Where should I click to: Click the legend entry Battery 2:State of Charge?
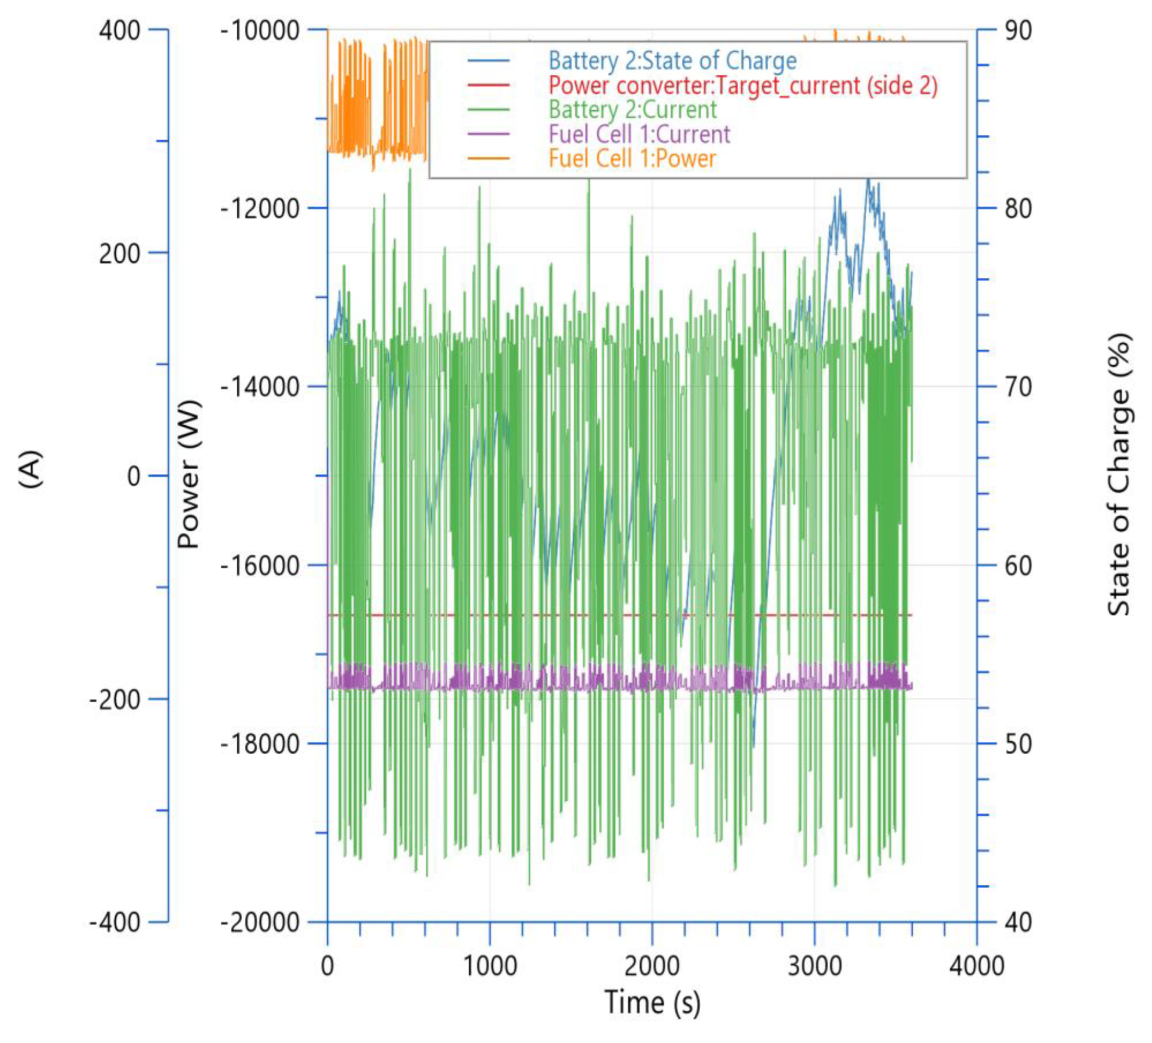(672, 60)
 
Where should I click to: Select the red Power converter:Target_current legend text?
(743, 86)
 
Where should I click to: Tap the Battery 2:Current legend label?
(632, 110)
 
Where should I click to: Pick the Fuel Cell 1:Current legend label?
(639, 134)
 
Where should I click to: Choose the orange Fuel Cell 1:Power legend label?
(632, 159)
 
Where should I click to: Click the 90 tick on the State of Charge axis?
(1018, 30)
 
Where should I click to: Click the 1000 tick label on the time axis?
(489, 966)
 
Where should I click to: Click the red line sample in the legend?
(488, 86)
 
